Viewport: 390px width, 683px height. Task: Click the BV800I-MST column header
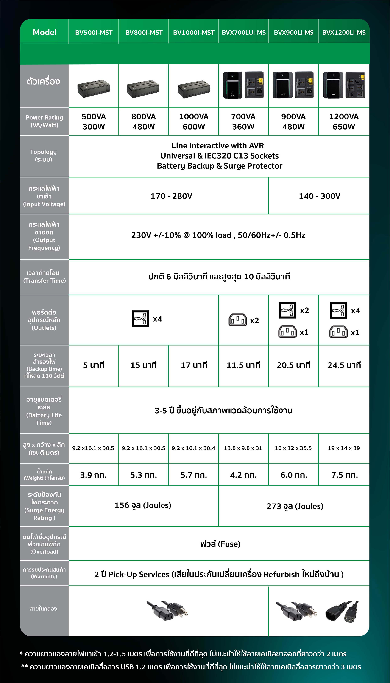144,32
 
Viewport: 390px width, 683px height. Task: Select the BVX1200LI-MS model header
344,32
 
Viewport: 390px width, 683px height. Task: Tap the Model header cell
45,32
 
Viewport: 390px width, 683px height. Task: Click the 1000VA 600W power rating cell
194,121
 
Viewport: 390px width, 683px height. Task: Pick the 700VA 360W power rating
243,121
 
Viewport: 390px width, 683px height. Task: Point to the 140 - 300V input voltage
319,196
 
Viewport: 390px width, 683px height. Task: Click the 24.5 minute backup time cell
344,365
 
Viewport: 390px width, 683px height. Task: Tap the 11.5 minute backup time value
243,365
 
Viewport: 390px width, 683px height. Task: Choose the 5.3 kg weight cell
144,475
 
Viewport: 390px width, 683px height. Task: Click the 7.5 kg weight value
344,475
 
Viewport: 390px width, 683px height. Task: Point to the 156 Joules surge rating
143,505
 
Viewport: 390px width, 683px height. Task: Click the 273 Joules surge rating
295,506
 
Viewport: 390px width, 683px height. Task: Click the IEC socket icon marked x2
238,320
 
